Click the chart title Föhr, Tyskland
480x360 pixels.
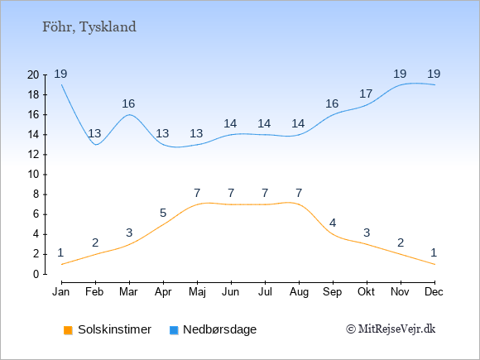[x=89, y=27]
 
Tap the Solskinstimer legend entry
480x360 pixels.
[x=108, y=329]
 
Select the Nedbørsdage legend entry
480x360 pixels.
[x=213, y=329]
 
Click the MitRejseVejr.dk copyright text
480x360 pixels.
[x=391, y=329]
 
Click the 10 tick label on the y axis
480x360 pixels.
[x=33, y=175]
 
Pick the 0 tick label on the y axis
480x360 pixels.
[x=36, y=274]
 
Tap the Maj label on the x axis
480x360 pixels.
[x=197, y=292]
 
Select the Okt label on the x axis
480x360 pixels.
[x=367, y=292]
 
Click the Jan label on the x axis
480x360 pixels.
[x=61, y=292]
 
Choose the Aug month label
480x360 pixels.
[x=299, y=292]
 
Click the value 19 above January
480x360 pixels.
[x=60, y=74]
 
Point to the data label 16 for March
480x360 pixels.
[x=128, y=103]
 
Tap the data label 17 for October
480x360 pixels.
[x=366, y=94]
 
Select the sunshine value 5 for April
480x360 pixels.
[x=163, y=213]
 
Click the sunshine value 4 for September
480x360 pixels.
[x=333, y=223]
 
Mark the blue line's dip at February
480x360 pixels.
[x=96, y=145]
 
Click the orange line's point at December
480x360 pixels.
[x=434, y=264]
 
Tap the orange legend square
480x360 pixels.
[x=68, y=330]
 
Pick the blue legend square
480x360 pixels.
[x=174, y=330]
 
